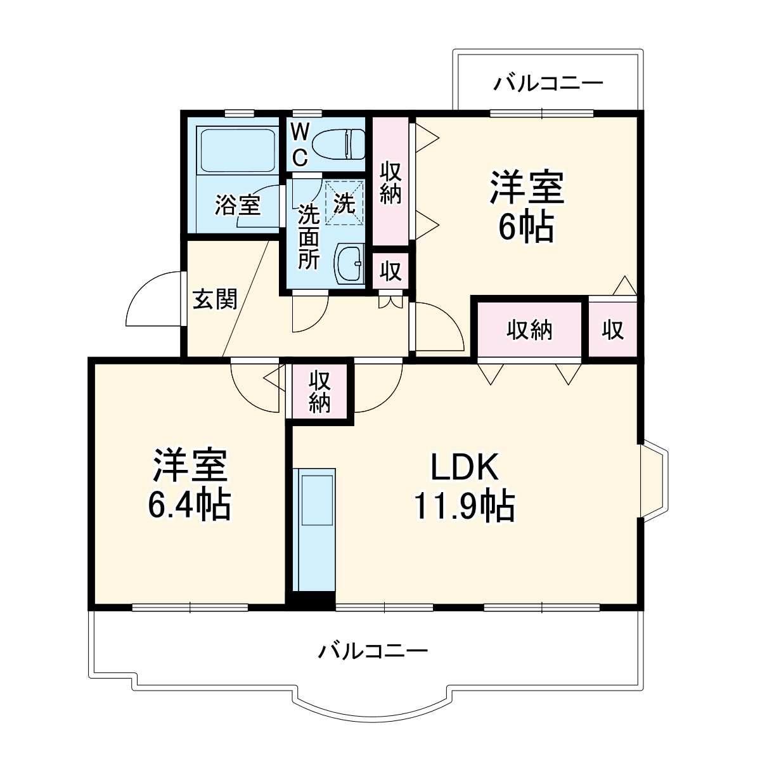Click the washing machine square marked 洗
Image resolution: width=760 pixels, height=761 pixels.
(345, 202)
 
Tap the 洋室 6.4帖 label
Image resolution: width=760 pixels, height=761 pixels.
(189, 486)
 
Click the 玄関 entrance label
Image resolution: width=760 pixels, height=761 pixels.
(216, 298)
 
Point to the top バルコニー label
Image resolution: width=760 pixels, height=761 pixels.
(549, 83)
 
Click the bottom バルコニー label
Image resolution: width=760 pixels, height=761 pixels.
(374, 651)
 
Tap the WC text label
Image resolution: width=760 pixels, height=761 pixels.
(300, 143)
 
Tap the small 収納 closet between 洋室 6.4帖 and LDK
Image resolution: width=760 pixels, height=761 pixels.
(320, 392)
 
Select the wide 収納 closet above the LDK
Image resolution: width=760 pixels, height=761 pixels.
(529, 330)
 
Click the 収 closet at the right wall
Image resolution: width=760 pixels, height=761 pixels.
(613, 330)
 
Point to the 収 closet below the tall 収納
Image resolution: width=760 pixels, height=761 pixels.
(390, 271)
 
